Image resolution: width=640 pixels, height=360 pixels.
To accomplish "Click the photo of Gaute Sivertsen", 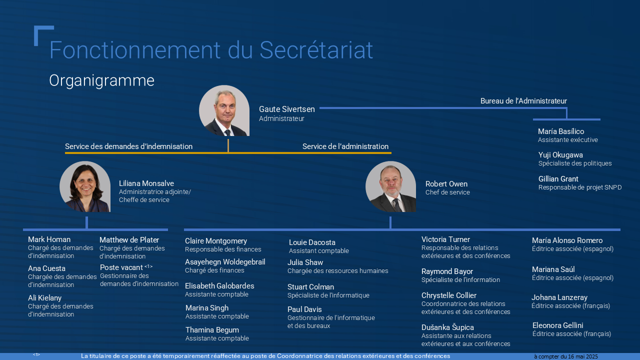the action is (x=224, y=110).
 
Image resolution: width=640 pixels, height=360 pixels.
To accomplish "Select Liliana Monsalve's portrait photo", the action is (x=85, y=186).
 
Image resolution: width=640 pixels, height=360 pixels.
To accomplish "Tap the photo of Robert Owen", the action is (x=390, y=186).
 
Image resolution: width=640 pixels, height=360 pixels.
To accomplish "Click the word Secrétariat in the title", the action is (x=316, y=50).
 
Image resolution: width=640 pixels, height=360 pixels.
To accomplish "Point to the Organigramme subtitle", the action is (x=101, y=81).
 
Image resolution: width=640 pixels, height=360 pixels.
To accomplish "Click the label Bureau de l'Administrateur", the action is (x=523, y=101).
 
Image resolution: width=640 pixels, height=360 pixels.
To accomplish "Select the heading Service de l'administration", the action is (x=345, y=146).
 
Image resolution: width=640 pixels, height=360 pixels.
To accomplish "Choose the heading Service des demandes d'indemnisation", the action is (x=128, y=146).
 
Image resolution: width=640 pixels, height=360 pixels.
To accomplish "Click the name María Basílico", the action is (x=561, y=131).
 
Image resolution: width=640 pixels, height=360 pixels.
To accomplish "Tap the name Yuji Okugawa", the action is (x=560, y=155).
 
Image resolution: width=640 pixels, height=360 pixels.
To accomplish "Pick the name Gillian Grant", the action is (x=558, y=179).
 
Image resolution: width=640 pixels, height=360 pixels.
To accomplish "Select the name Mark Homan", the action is (x=49, y=239).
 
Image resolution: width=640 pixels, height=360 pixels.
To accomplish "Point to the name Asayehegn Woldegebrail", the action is (x=225, y=262).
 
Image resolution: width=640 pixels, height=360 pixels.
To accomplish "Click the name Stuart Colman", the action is (x=310, y=287).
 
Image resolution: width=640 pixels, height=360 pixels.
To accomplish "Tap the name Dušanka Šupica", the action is (x=447, y=327).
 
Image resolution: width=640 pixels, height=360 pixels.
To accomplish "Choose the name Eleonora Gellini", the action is (x=557, y=325).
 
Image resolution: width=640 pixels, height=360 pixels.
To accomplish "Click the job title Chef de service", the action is (x=447, y=192).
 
